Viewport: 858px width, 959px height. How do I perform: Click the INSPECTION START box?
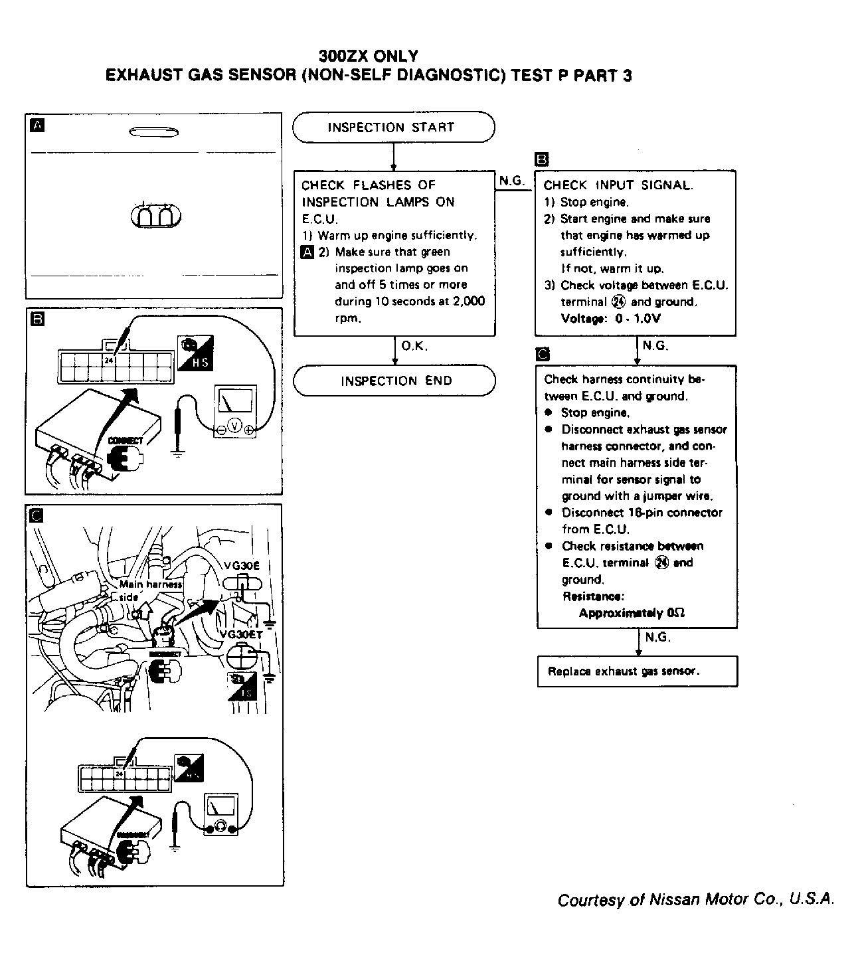[393, 128]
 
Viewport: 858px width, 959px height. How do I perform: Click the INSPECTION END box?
[394, 381]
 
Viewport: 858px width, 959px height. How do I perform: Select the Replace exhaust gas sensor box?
[637, 671]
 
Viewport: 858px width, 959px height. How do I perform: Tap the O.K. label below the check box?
[414, 346]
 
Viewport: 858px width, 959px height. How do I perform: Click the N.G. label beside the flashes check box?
[512, 181]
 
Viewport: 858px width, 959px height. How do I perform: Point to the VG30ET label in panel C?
[242, 634]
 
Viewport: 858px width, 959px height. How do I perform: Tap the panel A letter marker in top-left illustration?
[38, 125]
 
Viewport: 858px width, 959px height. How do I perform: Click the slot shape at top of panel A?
[153, 132]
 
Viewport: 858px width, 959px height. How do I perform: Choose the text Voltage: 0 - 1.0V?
[611, 319]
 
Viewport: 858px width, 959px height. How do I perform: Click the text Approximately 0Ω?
[632, 613]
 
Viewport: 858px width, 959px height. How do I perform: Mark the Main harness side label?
[149, 590]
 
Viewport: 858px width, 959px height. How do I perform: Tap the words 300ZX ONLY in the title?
[369, 56]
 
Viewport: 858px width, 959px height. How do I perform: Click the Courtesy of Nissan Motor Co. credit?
[695, 900]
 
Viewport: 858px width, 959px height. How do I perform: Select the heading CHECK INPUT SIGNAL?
[618, 185]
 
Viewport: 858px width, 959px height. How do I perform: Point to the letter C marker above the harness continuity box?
[543, 354]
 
